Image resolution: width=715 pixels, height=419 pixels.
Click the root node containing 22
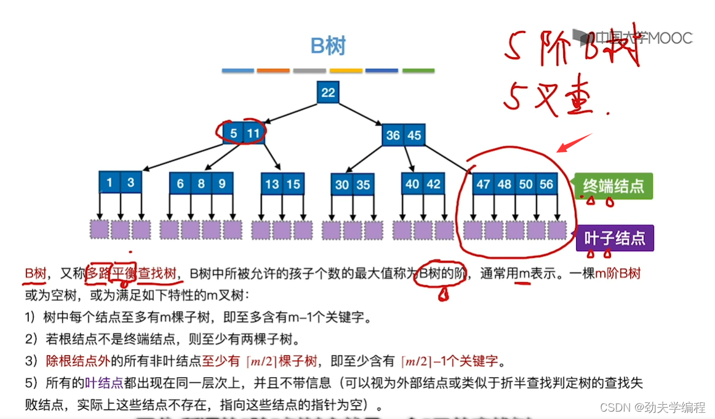[329, 92]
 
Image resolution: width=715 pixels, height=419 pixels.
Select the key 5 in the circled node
[233, 134]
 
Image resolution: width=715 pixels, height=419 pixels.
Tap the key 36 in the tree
[393, 135]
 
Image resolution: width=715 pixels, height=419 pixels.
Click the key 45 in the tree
[414, 135]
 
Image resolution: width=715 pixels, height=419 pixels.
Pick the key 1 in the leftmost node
[110, 183]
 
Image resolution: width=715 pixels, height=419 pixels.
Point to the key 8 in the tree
[201, 183]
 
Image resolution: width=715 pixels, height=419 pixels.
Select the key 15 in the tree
[294, 184]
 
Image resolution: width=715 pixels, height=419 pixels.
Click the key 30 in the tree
[342, 185]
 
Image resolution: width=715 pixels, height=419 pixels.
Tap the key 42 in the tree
[433, 184]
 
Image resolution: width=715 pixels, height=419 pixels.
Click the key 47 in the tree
[484, 184]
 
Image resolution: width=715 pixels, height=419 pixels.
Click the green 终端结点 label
[613, 185]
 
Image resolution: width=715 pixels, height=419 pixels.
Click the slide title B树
[328, 46]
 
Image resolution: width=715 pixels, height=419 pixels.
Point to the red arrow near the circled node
[573, 143]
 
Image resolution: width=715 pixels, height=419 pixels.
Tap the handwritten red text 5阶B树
[572, 49]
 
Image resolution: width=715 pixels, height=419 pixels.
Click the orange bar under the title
[273, 71]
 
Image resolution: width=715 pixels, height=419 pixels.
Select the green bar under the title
[418, 71]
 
